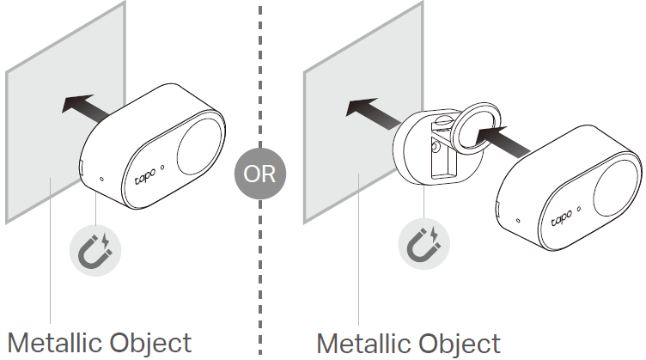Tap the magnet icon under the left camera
pyautogui.click(x=95, y=248)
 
